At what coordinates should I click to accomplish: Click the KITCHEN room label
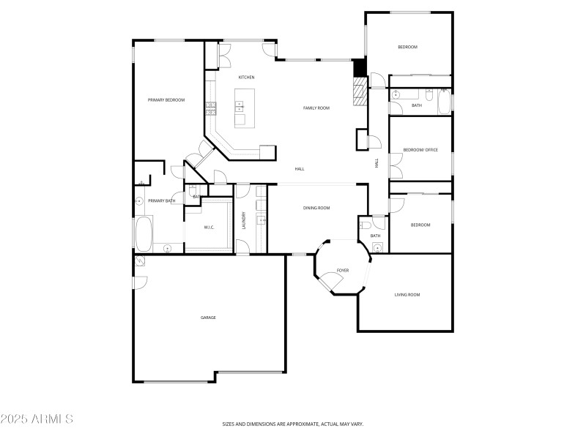pyautogui.click(x=246, y=77)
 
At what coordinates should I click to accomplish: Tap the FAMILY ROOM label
pyautogui.click(x=316, y=108)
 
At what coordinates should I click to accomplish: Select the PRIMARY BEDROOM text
pyautogui.click(x=166, y=100)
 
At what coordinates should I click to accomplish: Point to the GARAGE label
pyautogui.click(x=208, y=318)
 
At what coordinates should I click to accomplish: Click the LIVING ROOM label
pyautogui.click(x=407, y=295)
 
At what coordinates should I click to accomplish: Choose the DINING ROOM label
pyautogui.click(x=316, y=208)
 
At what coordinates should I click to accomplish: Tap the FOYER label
pyautogui.click(x=342, y=271)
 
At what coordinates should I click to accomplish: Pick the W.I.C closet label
pyautogui.click(x=209, y=228)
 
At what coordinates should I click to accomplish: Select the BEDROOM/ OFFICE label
pyautogui.click(x=420, y=150)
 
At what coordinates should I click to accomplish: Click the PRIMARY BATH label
pyautogui.click(x=161, y=200)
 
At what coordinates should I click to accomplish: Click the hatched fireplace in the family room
pyautogui.click(x=359, y=93)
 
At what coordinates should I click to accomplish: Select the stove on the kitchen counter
pyautogui.click(x=211, y=108)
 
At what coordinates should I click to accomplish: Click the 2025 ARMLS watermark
pyautogui.click(x=37, y=419)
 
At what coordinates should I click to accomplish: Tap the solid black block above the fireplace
pyautogui.click(x=359, y=67)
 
